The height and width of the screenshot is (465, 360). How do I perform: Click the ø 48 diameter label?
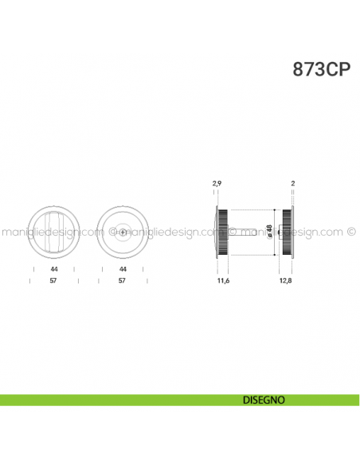269,231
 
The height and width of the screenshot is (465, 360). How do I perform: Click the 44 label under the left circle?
53,270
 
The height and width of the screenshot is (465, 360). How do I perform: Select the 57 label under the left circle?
53,281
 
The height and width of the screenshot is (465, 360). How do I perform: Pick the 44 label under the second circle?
123,270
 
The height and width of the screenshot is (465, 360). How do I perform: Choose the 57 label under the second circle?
123,281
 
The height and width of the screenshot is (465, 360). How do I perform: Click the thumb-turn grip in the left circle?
53,231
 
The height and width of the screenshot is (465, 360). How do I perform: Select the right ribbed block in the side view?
285,231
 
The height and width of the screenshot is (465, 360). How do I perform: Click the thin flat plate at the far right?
293,231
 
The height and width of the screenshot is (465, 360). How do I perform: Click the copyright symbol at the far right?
351,232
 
